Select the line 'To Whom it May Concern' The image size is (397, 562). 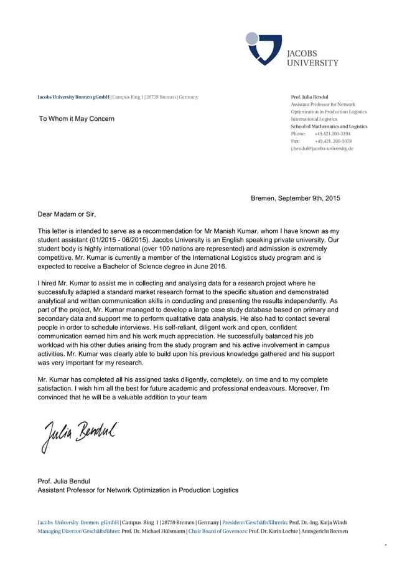(x=77, y=118)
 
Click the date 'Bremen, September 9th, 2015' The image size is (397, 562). (x=295, y=198)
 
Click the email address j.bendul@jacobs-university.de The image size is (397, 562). (x=322, y=149)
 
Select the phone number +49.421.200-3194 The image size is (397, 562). (x=332, y=134)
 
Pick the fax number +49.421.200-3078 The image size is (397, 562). (x=333, y=141)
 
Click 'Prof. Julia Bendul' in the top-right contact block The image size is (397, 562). (x=310, y=97)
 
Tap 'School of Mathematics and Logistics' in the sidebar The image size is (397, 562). (x=329, y=126)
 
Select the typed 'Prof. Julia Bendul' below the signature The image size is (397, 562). (x=64, y=481)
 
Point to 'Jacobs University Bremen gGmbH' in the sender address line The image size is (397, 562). (x=73, y=98)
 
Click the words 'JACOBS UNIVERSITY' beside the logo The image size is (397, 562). (x=312, y=58)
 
